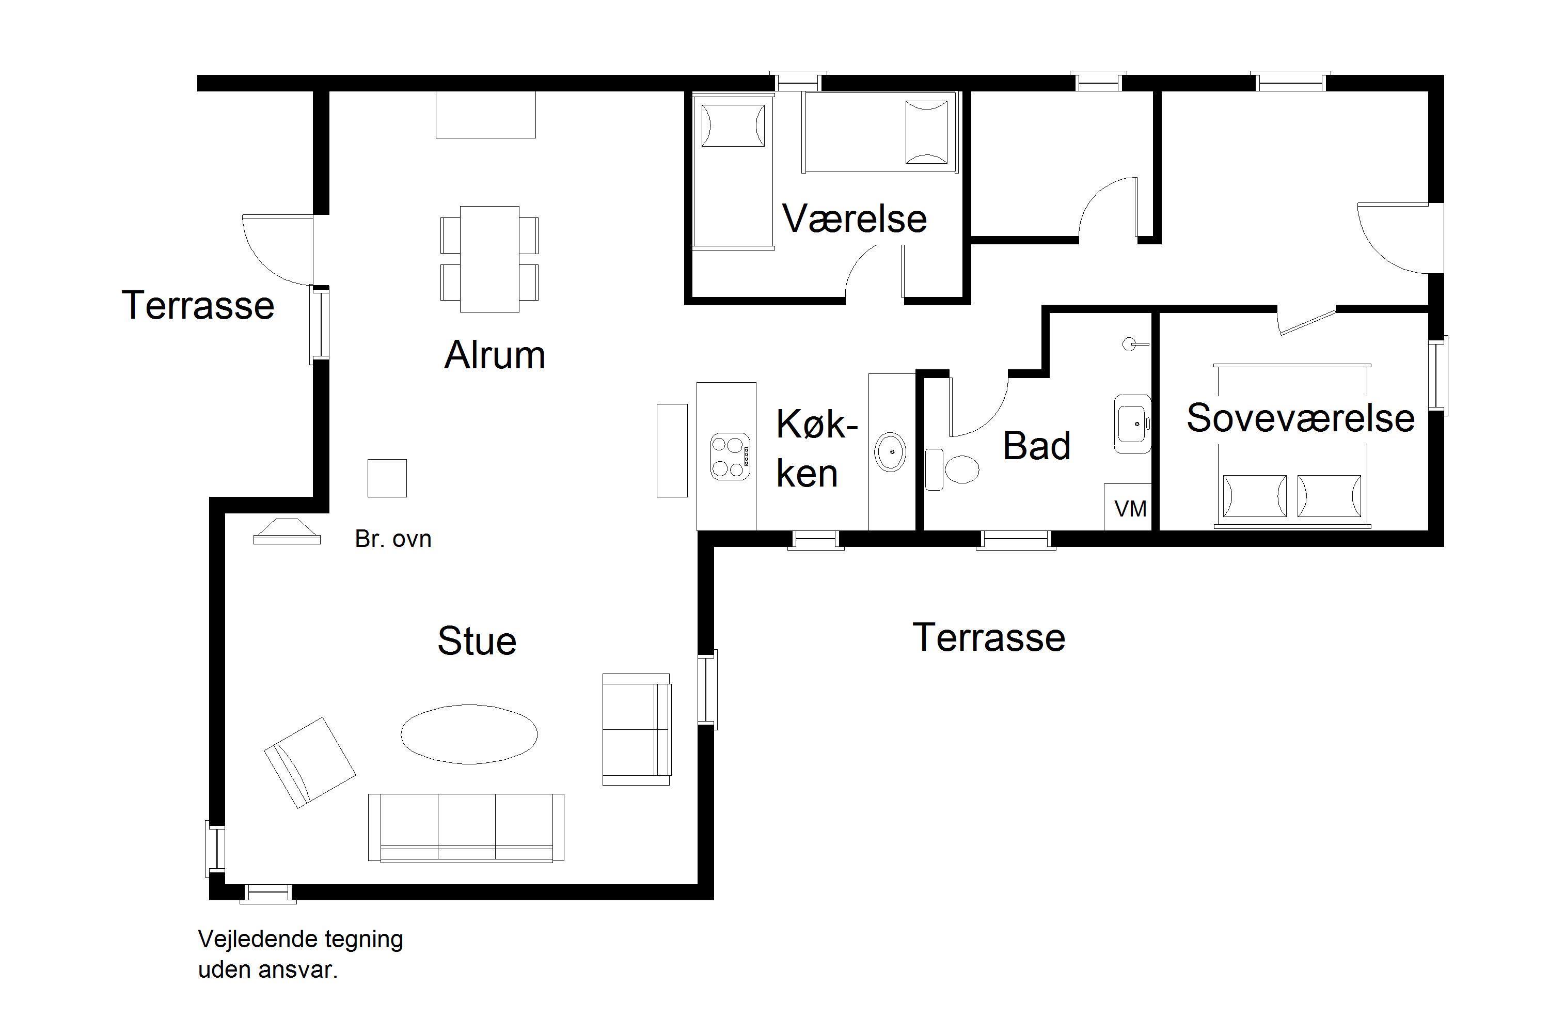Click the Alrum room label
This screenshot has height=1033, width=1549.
(x=495, y=355)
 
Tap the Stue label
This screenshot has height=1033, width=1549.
(x=477, y=641)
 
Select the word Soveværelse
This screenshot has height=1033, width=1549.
(x=1301, y=418)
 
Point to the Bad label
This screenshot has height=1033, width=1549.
(x=1037, y=446)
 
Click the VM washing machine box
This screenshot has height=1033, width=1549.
(x=1128, y=507)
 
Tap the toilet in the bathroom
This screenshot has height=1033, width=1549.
(x=952, y=469)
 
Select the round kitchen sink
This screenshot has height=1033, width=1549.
(x=890, y=452)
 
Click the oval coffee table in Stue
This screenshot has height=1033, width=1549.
(x=469, y=734)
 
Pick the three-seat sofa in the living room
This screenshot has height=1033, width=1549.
(x=466, y=827)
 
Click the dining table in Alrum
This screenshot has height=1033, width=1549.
(x=489, y=259)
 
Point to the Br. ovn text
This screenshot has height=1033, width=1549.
(x=393, y=539)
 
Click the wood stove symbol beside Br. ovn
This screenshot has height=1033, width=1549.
(x=287, y=531)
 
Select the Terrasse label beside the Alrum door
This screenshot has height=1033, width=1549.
(x=198, y=305)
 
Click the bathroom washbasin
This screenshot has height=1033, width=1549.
(x=1132, y=424)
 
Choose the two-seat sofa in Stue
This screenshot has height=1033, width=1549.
(x=637, y=729)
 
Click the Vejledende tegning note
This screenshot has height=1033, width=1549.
(x=301, y=953)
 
